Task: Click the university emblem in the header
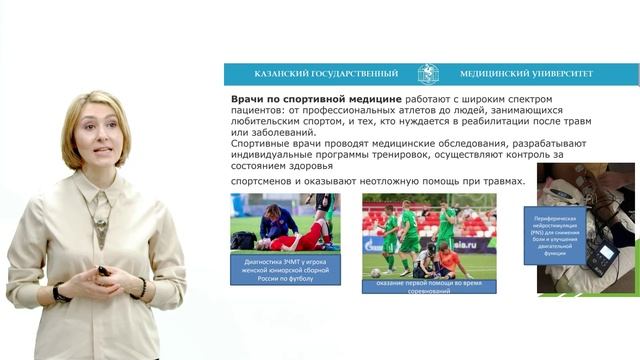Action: [x=428, y=74]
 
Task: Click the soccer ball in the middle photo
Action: [x=373, y=272]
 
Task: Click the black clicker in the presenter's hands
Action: [x=103, y=270]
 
